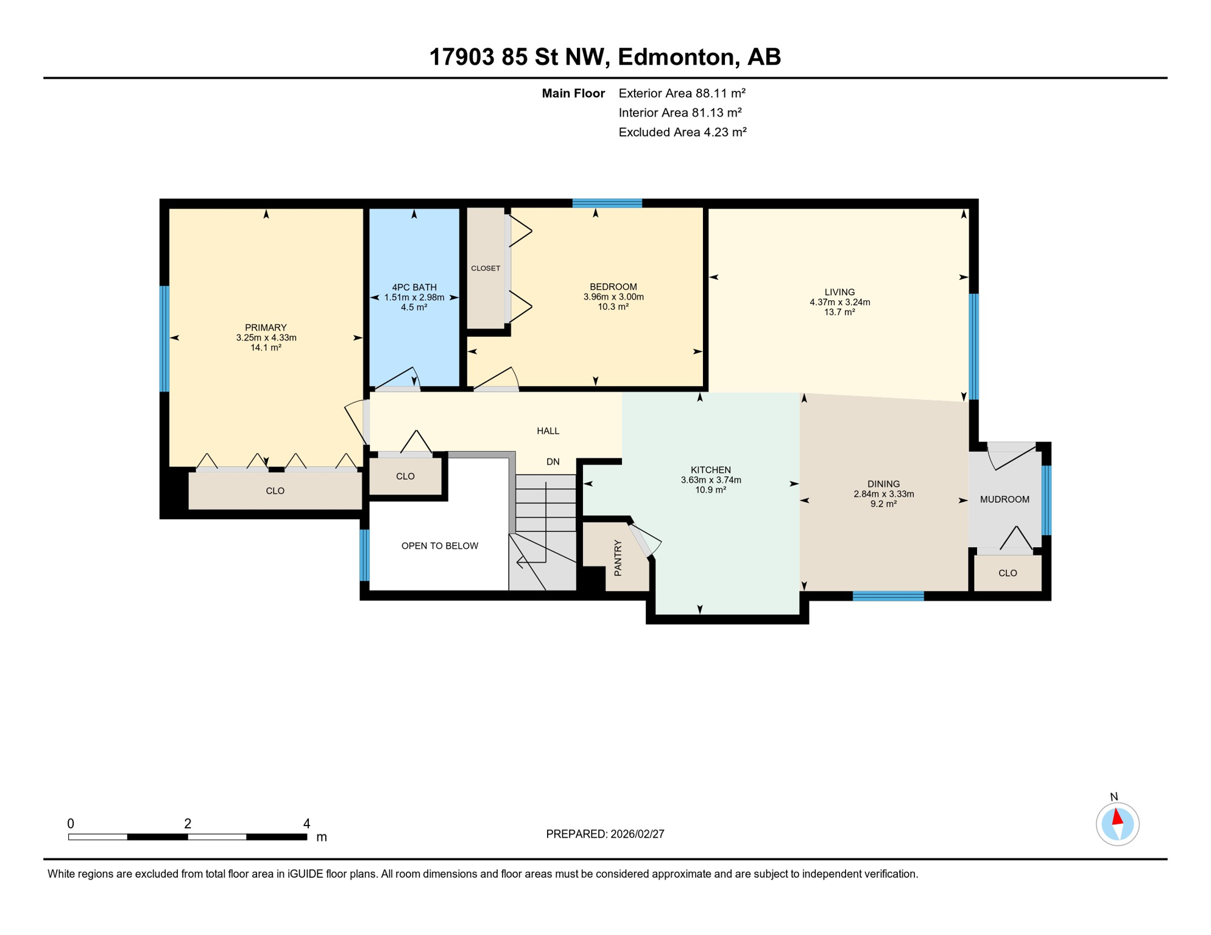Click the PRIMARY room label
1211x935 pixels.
[x=266, y=327]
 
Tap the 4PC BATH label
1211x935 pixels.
[x=414, y=287]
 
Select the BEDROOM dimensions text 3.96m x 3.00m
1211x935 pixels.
[x=613, y=297]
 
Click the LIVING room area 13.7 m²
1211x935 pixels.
[x=839, y=312]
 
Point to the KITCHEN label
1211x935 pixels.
[x=710, y=470]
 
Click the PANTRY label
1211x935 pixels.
[x=618, y=558]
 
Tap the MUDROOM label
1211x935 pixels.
[x=1004, y=500]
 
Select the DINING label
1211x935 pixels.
[x=883, y=484]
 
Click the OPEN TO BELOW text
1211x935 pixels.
[x=439, y=546]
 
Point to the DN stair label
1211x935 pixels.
[x=553, y=462]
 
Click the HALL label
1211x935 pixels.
[x=548, y=431]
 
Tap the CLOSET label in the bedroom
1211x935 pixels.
[x=485, y=268]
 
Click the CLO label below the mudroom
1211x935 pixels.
[x=1008, y=573]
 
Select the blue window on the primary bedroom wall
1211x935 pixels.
[x=164, y=338]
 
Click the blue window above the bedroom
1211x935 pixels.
[x=607, y=203]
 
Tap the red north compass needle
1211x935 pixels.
[x=1118, y=817]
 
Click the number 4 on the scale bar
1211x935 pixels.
[x=306, y=824]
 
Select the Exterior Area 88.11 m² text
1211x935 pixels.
[x=682, y=93]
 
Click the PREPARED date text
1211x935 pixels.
[x=605, y=834]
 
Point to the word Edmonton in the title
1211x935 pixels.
[x=676, y=57]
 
